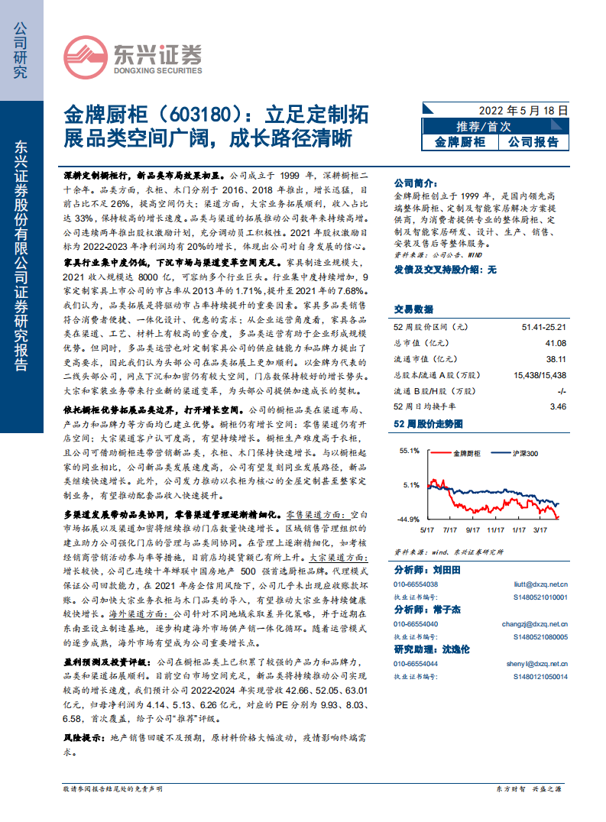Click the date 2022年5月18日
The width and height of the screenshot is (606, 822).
coord(523,110)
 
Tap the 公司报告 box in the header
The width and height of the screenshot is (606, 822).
coord(533,141)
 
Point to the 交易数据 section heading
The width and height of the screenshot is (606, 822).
coord(413,309)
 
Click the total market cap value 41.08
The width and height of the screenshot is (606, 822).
coord(555,343)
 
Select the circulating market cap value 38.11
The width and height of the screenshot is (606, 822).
coord(556,359)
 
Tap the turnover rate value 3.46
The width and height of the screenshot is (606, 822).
coord(558,407)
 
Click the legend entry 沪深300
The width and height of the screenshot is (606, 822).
coord(524,454)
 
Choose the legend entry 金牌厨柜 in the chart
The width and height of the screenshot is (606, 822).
coord(465,454)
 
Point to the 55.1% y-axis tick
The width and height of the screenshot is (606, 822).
coord(410,451)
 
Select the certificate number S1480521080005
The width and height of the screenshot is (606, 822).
coord(541,636)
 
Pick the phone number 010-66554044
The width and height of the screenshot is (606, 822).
coord(416,664)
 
